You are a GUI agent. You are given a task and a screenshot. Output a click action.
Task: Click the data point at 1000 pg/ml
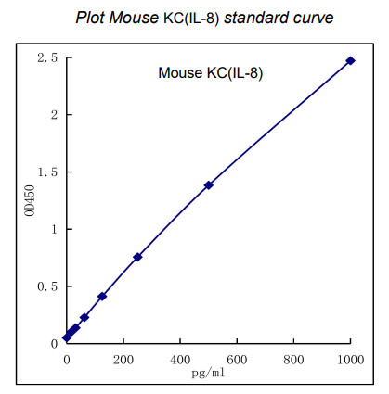350,60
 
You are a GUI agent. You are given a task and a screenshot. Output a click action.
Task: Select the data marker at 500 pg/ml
209,184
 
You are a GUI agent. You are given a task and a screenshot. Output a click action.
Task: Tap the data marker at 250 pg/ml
137,257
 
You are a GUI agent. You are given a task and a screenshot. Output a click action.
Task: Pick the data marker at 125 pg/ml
102,296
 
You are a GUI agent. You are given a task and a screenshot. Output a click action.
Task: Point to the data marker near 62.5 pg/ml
84,317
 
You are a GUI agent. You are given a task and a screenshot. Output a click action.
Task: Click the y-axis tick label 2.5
47,58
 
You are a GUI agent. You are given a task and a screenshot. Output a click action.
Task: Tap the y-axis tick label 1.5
47,172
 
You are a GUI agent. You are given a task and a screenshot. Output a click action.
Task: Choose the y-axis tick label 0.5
47,286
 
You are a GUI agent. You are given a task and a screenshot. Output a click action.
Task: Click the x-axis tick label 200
123,358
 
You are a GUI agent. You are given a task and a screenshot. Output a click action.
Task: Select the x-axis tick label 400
180,358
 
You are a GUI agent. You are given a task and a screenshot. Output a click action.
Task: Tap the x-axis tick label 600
237,358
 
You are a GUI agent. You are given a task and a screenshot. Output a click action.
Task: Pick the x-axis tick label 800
294,358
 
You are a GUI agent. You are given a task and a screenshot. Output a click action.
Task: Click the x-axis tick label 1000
350,358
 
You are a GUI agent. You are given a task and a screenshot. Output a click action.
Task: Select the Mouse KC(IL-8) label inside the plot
210,73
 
